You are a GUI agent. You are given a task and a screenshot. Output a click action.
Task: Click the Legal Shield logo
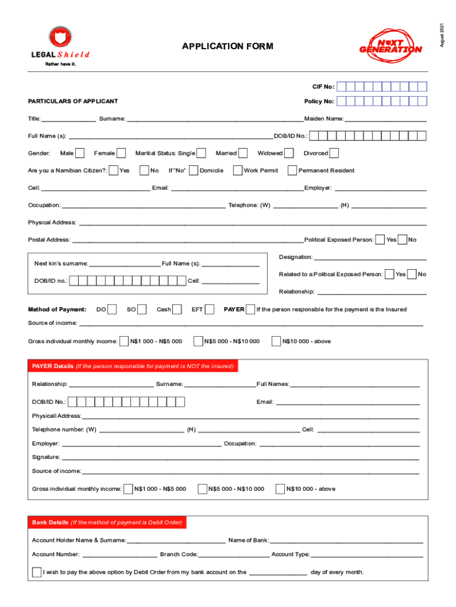[59, 44]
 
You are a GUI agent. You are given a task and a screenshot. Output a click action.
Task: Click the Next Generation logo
[390, 44]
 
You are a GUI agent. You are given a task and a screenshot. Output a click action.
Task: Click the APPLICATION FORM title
[228, 46]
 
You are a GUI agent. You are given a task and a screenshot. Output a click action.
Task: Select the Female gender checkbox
[122, 154]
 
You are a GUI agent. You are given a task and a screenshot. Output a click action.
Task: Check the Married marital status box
[243, 154]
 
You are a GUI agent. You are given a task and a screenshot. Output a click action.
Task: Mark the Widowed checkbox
[289, 154]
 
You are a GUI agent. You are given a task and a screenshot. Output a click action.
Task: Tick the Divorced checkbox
[334, 154]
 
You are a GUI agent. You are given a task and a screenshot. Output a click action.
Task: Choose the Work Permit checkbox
[237, 171]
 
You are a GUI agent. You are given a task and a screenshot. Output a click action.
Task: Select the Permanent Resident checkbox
[292, 171]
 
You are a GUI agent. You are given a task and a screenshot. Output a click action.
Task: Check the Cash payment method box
[177, 309]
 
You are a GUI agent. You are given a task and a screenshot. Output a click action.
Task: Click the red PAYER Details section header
[133, 366]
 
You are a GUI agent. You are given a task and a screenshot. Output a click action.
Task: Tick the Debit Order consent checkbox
[37, 573]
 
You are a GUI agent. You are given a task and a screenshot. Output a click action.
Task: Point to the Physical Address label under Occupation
[52, 222]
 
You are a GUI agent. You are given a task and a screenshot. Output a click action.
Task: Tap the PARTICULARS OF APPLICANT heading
[73, 101]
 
